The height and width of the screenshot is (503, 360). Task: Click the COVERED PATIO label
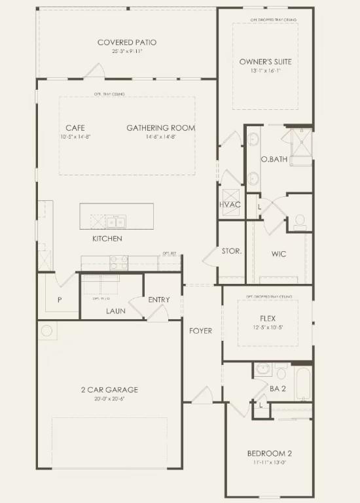tap(127, 43)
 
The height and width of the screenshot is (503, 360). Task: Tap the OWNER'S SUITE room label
tap(266, 62)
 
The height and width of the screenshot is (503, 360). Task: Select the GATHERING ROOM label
tap(161, 128)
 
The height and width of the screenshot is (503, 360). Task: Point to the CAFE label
tap(75, 128)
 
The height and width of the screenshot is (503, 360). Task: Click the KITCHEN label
tap(107, 239)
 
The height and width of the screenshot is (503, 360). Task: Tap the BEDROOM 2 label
tap(269, 454)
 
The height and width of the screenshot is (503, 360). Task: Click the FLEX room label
tap(268, 319)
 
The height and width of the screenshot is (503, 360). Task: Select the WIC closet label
tap(279, 254)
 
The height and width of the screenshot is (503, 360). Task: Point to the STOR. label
tap(232, 251)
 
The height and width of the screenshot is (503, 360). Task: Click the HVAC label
tap(230, 205)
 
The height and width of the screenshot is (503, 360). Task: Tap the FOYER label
tap(200, 331)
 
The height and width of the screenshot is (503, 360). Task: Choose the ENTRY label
tap(159, 300)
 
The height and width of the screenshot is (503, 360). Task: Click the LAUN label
tap(116, 311)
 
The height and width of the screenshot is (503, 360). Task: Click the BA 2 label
tap(278, 389)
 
